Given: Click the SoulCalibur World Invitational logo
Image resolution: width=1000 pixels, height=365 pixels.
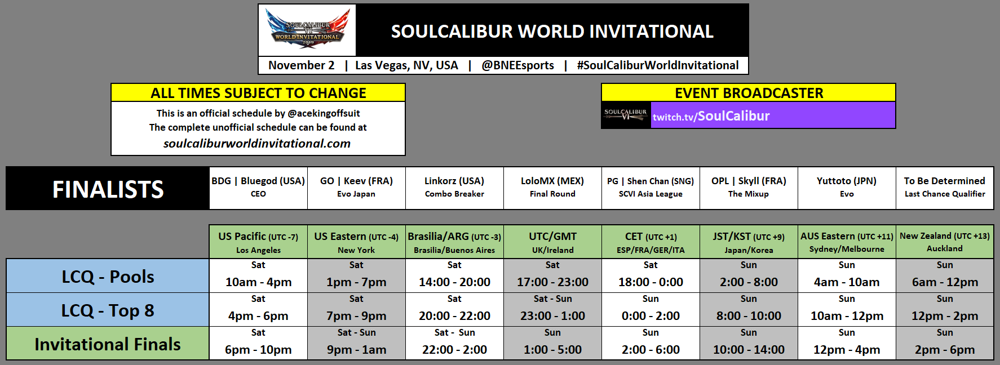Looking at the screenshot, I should point(307,30).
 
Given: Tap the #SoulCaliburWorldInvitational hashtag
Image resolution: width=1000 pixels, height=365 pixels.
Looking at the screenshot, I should point(657,65).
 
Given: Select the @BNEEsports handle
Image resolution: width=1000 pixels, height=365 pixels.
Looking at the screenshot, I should point(517,65).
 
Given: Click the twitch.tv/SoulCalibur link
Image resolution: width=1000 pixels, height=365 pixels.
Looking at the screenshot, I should point(711,116).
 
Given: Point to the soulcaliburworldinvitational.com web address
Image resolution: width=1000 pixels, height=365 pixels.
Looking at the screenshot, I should point(257,144).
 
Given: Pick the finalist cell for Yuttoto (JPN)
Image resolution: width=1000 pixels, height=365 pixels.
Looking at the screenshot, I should point(847,188).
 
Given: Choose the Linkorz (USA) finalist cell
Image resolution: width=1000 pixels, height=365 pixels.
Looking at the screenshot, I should point(454,188).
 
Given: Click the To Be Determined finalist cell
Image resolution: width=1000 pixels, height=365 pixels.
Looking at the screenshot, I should point(945,188).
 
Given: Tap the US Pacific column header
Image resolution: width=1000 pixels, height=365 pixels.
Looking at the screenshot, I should point(258,242).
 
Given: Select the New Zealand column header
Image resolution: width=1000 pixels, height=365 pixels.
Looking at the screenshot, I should point(945,242).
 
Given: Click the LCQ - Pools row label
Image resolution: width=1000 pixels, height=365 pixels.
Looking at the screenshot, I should point(108,276).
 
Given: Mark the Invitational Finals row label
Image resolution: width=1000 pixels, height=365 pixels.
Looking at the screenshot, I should point(108,344).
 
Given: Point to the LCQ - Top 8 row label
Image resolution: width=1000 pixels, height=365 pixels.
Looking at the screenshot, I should point(108,310).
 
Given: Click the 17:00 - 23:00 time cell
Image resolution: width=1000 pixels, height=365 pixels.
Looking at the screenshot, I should point(552,282).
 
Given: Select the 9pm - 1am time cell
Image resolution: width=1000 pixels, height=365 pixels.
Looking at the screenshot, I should point(356,349).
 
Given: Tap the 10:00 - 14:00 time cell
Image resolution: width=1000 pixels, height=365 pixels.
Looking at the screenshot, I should point(749,349).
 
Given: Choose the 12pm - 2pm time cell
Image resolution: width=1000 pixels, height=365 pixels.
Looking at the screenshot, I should point(945,315).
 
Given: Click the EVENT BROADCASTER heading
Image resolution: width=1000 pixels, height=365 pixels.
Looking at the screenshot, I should point(749,93).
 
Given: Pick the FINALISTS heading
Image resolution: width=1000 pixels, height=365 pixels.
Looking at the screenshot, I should point(108,189).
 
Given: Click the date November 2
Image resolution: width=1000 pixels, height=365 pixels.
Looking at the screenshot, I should point(301,65).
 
